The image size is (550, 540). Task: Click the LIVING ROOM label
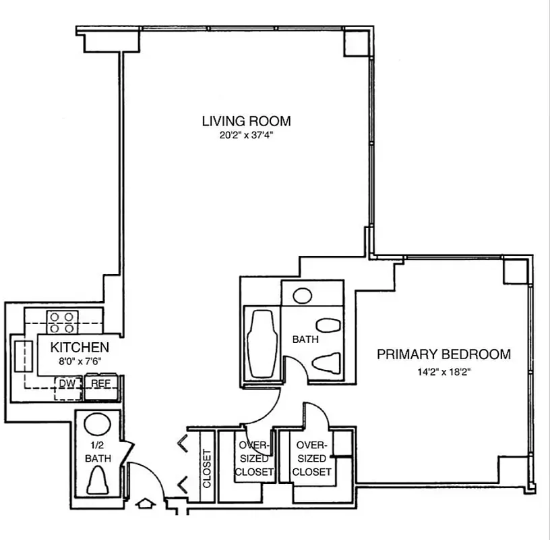click(246, 122)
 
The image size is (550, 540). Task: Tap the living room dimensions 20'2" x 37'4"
click(246, 135)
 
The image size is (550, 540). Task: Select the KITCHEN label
click(80, 348)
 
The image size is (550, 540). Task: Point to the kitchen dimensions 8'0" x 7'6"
click(80, 361)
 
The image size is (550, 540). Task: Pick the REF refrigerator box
click(100, 383)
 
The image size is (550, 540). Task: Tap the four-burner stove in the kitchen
click(61, 321)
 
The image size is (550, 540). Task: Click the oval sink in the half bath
click(98, 424)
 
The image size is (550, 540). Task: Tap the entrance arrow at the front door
click(145, 504)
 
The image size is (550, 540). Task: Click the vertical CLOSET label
click(207, 469)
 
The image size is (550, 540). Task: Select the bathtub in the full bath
click(261, 346)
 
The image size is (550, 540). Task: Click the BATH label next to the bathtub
click(305, 340)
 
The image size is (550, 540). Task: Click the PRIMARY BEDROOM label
click(443, 354)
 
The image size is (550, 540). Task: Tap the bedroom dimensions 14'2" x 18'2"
click(443, 370)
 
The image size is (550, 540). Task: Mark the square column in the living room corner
click(355, 43)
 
